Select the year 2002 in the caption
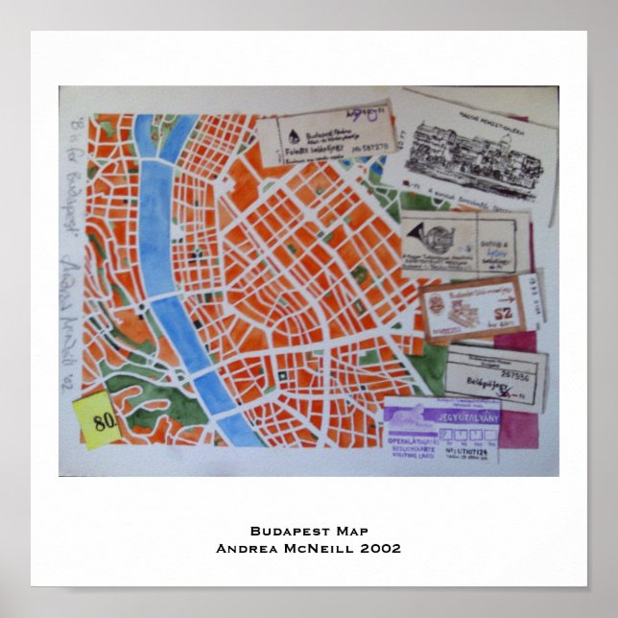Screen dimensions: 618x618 coord(381,548)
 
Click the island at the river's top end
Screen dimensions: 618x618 coord(144,128)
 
